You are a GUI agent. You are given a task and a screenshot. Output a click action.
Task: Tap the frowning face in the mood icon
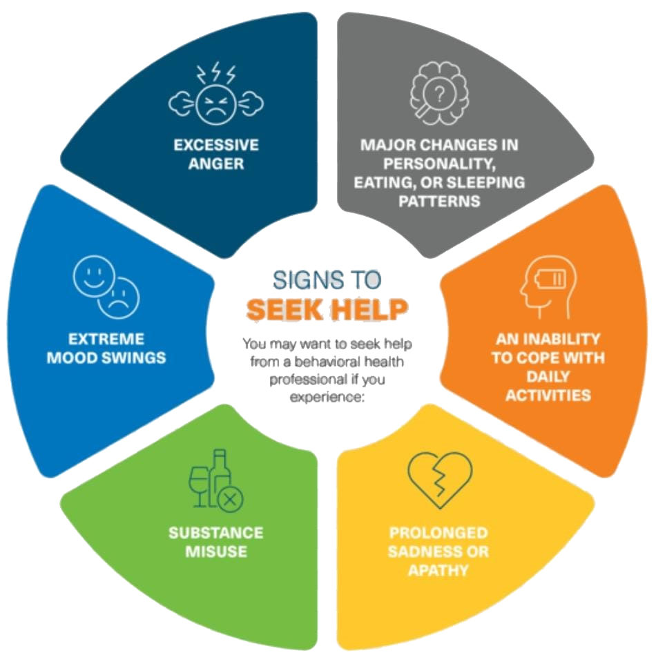point(120,297)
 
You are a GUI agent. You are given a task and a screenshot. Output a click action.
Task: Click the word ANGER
point(216,164)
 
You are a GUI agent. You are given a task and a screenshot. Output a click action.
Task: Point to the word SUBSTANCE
point(216,534)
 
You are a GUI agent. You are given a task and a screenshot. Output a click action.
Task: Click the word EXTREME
point(106,340)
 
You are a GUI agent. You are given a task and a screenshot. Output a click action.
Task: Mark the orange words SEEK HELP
point(327,311)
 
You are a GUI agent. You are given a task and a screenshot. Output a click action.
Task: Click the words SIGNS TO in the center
point(327,280)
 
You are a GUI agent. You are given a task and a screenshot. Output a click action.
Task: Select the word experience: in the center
point(326,397)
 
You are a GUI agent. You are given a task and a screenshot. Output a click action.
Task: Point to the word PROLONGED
point(438,534)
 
